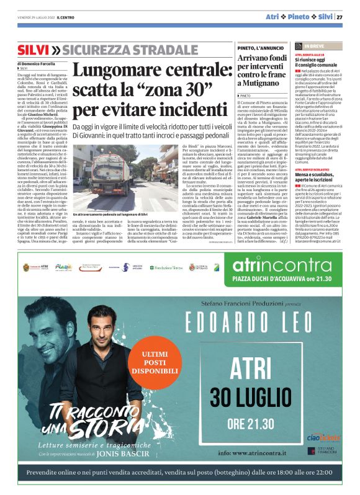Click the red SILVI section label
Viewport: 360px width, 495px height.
tap(33, 50)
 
